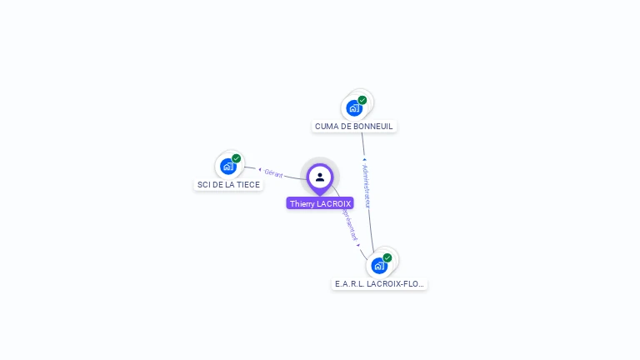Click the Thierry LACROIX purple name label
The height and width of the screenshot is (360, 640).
[320, 203]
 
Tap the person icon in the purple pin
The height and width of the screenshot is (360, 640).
[320, 177]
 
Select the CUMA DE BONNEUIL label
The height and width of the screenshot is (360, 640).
[354, 127]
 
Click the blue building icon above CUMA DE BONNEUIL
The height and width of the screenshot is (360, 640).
[354, 108]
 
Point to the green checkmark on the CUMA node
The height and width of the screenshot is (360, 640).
[362, 100]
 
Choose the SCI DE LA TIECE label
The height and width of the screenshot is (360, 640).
[228, 185]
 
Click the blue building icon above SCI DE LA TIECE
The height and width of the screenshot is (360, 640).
[228, 167]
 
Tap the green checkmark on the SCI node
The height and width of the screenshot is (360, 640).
[237, 158]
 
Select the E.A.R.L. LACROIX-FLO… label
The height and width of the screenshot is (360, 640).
[379, 284]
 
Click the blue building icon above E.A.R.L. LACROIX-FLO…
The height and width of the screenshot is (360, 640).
[379, 266]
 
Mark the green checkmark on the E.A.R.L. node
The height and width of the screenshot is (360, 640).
[387, 257]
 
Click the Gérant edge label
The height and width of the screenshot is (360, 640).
[273, 173]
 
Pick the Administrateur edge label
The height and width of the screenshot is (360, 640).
[367, 185]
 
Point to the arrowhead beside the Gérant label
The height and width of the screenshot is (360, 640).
[259, 170]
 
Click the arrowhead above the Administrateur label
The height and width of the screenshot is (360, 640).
[364, 159]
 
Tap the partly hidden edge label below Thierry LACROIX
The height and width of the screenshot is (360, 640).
[349, 224]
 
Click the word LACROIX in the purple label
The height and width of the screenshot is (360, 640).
[335, 203]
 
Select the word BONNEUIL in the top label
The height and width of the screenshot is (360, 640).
[373, 127]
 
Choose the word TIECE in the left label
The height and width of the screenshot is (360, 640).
[247, 185]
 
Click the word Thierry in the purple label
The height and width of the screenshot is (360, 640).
[302, 203]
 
